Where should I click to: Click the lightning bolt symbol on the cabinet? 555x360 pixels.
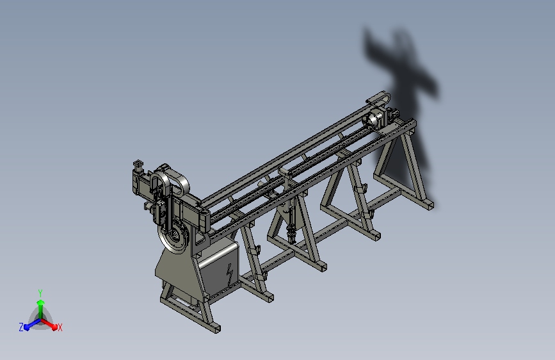(230, 274)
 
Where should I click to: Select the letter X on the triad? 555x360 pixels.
(60, 327)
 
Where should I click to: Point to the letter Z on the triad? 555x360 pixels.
(21, 327)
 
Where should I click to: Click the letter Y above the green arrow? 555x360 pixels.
(40, 293)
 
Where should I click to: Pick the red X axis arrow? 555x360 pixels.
(49, 324)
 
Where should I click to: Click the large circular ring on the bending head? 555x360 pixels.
(174, 238)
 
